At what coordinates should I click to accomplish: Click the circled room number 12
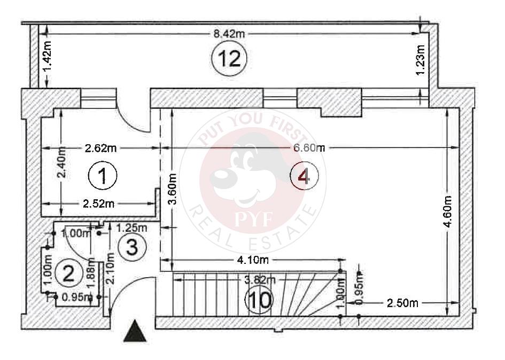pyautogui.click(x=228, y=58)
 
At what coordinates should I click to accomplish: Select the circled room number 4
pyautogui.click(x=304, y=176)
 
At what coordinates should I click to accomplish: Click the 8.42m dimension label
pyautogui.click(x=229, y=34)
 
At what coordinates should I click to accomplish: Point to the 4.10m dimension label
pyautogui.click(x=251, y=260)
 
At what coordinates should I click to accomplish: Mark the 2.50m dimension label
pyautogui.click(x=403, y=303)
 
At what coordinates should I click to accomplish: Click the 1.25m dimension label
pyautogui.click(x=132, y=228)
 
